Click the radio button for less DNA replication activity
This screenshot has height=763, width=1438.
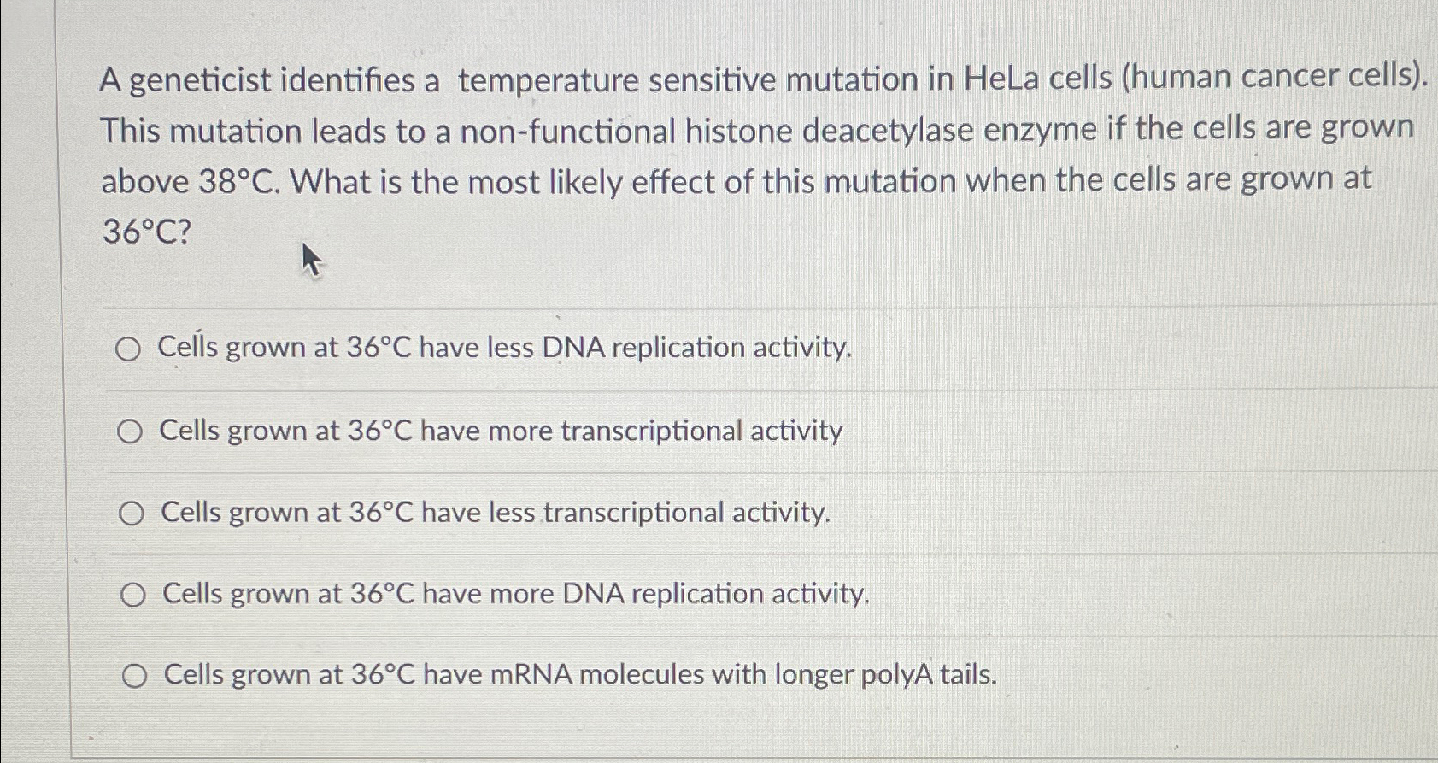click(128, 349)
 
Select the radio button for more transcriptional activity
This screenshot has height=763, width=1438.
click(130, 432)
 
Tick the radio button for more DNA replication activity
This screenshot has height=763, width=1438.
click(132, 596)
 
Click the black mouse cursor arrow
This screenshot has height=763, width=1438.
click(311, 259)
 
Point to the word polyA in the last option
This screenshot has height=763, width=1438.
click(895, 675)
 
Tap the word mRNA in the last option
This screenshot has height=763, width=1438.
click(531, 676)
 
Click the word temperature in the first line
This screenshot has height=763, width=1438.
click(548, 81)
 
